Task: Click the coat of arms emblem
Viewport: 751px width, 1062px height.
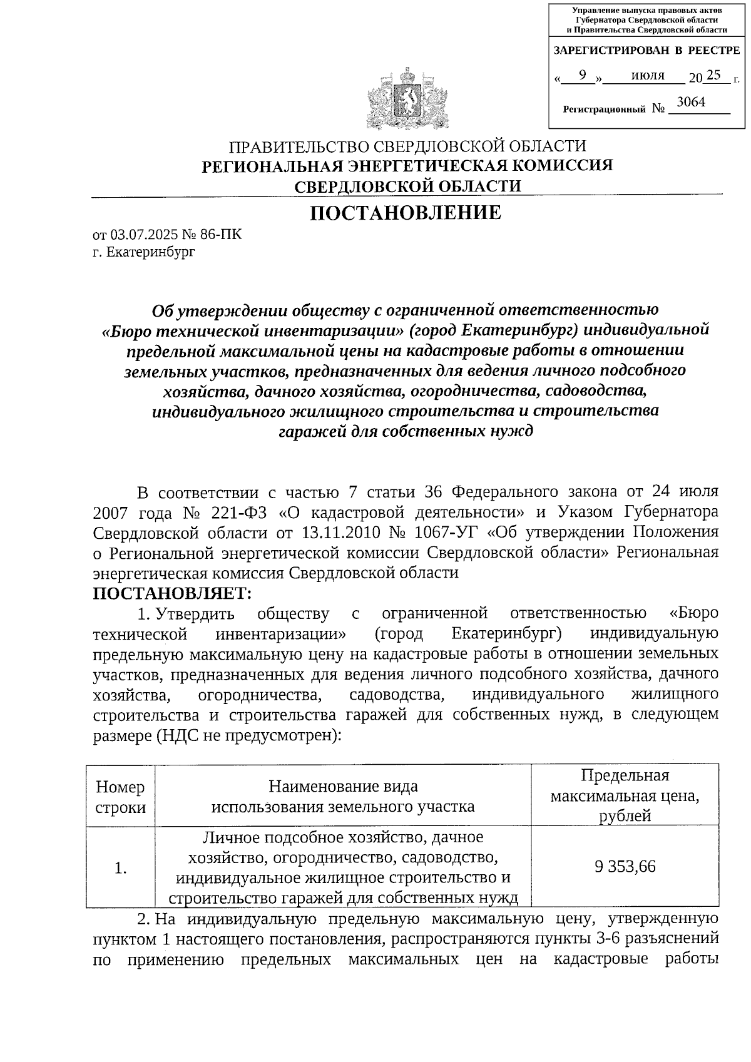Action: click(x=407, y=100)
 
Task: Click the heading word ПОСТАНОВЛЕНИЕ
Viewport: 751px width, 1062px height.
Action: click(x=407, y=213)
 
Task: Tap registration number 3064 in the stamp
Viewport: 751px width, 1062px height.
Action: click(x=692, y=103)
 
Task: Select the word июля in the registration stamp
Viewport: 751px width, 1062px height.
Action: click(x=648, y=76)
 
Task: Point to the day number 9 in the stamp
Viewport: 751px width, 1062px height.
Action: click(x=582, y=76)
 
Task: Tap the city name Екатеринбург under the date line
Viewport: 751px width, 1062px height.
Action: click(x=151, y=252)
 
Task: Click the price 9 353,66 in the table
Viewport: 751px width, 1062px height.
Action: click(x=625, y=867)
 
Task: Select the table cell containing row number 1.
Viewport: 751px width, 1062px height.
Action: click(x=121, y=868)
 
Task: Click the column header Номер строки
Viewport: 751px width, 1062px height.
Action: click(x=121, y=797)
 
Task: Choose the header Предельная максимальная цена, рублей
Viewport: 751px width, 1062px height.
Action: click(x=625, y=795)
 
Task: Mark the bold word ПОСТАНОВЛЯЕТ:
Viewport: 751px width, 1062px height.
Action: click(x=172, y=593)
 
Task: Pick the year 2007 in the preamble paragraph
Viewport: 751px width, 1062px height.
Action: click(x=111, y=513)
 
